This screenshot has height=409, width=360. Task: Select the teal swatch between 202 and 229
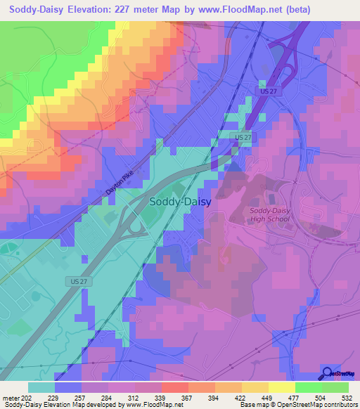[41, 387]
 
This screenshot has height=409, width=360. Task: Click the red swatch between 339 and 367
[174, 387]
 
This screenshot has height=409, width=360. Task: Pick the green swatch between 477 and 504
[308, 387]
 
